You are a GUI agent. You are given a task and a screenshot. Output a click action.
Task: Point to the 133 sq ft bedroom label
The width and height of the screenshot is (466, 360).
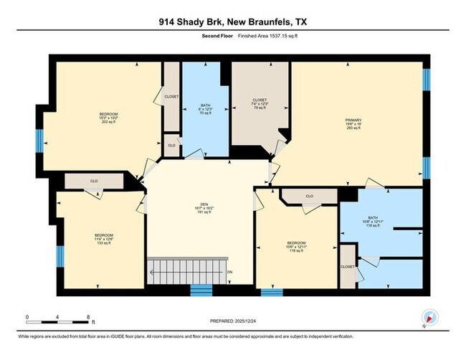(103, 239)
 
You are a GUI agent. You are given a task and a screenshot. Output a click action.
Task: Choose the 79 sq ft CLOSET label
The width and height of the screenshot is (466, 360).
(260, 105)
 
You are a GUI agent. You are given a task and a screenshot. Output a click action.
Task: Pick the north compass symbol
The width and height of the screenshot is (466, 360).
(429, 318)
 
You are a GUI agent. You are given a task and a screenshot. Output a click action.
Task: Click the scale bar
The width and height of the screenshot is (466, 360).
(57, 322)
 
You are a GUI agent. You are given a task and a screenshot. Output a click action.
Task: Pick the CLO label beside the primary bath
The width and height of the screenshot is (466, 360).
(309, 196)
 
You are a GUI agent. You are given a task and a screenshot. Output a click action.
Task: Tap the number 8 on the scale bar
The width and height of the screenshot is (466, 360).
(87, 316)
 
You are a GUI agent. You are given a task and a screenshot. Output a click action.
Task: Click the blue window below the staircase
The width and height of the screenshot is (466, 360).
(201, 290)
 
